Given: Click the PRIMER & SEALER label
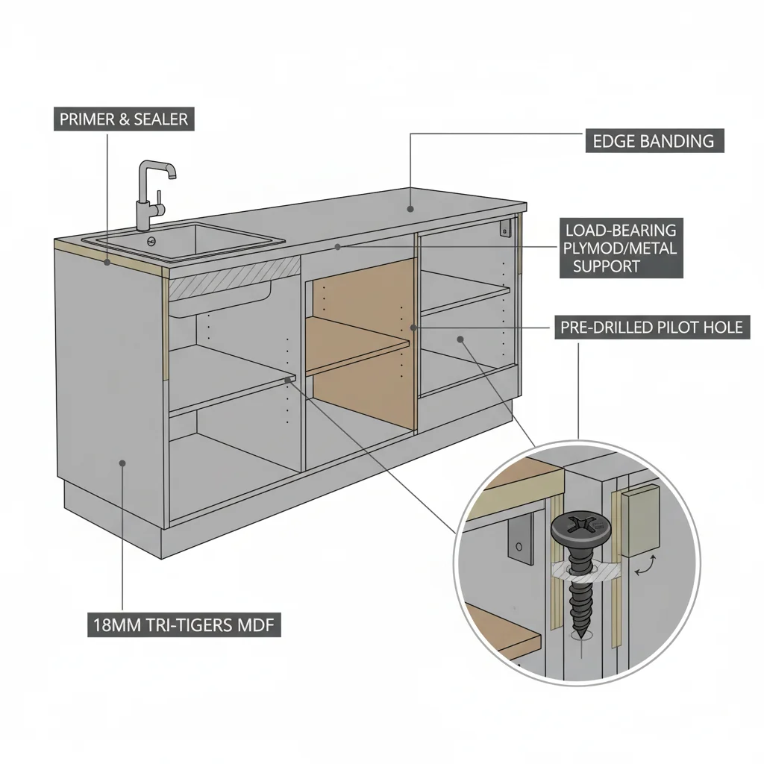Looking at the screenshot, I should click(124, 119).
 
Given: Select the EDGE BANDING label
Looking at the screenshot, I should click(653, 141).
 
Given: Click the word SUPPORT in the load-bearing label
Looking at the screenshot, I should click(606, 266).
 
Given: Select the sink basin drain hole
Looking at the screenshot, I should click(152, 240).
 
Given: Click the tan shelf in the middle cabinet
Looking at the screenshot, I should click(358, 345).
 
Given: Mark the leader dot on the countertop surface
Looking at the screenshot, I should click(410, 210).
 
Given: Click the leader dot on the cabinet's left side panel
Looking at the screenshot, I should click(122, 463).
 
